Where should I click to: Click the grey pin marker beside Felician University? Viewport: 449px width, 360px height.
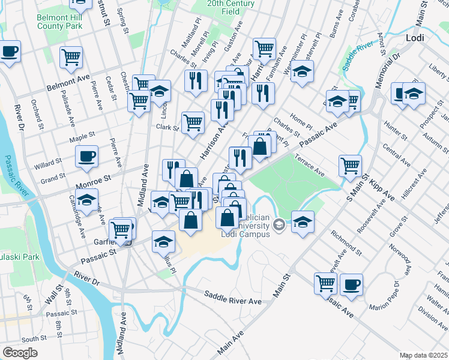(x=279, y=226)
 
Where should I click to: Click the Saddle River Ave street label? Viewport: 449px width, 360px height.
(x=232, y=296)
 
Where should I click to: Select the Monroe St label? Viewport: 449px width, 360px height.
(x=94, y=178)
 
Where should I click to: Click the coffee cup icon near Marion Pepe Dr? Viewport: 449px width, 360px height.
(x=351, y=284)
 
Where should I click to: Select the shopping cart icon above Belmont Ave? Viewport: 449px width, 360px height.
(x=71, y=58)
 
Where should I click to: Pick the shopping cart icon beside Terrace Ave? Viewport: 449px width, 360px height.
(x=350, y=165)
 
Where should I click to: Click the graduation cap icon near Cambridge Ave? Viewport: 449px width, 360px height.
(x=87, y=200)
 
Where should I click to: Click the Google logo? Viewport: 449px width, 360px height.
(x=20, y=353)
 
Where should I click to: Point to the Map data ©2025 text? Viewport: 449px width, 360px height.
(x=423, y=355)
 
